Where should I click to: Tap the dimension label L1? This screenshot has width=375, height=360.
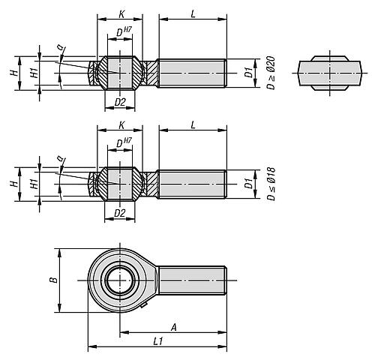[x=158, y=341]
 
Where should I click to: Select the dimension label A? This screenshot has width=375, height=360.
[x=174, y=327]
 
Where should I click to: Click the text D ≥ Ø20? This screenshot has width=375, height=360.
[x=271, y=73]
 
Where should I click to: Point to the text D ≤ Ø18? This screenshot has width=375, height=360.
[x=271, y=184]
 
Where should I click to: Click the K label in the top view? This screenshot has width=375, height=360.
[x=121, y=14]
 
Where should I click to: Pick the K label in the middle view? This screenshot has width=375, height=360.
[x=121, y=125]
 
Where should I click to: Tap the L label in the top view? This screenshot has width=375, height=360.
[x=193, y=14]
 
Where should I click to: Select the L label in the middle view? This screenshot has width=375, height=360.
[x=193, y=125]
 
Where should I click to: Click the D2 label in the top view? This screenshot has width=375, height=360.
[x=120, y=102]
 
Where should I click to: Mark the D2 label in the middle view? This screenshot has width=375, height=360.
[x=120, y=213]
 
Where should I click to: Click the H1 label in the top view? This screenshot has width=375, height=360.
[x=34, y=73]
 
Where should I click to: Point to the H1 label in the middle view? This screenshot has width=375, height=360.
[x=34, y=184]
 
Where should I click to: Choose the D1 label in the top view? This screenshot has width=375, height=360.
[x=249, y=73]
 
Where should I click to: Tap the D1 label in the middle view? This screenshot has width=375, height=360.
[x=249, y=184]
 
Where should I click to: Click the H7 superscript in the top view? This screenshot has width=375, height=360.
[x=127, y=29]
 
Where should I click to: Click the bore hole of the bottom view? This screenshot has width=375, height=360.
[x=120, y=280]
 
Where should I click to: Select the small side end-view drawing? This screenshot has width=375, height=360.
[x=329, y=73]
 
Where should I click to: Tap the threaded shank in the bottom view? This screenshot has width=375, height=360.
[x=193, y=280]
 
